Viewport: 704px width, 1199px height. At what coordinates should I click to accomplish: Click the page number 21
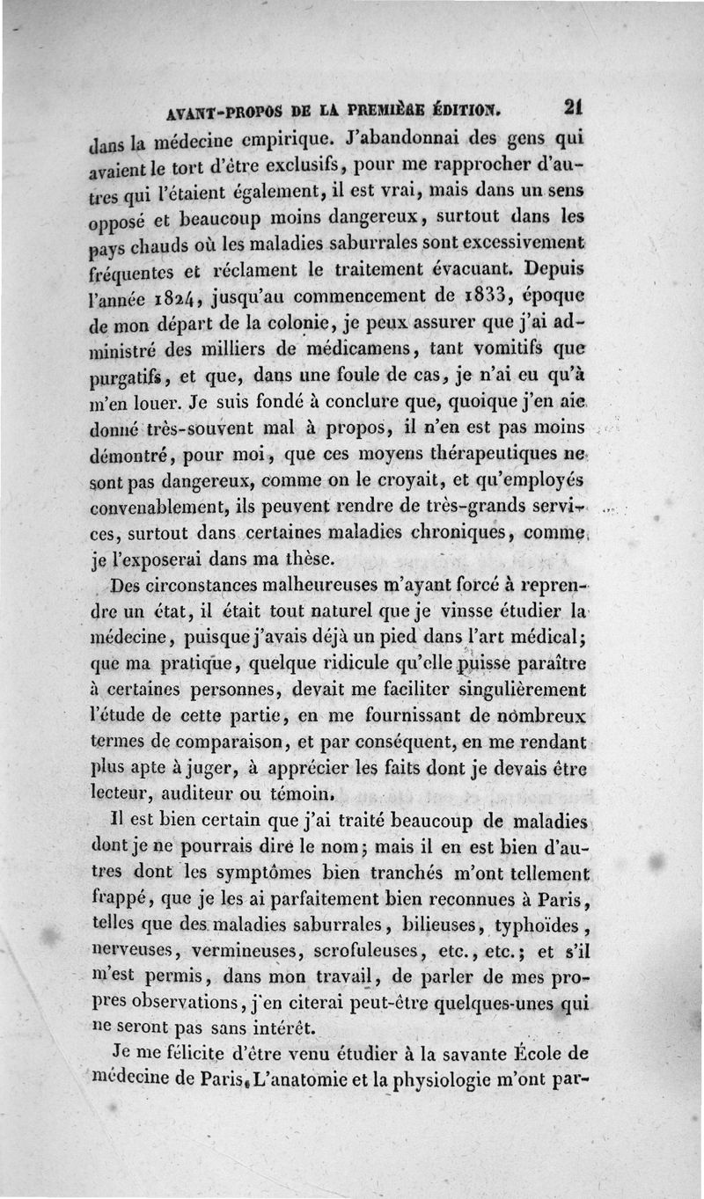point(576,107)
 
